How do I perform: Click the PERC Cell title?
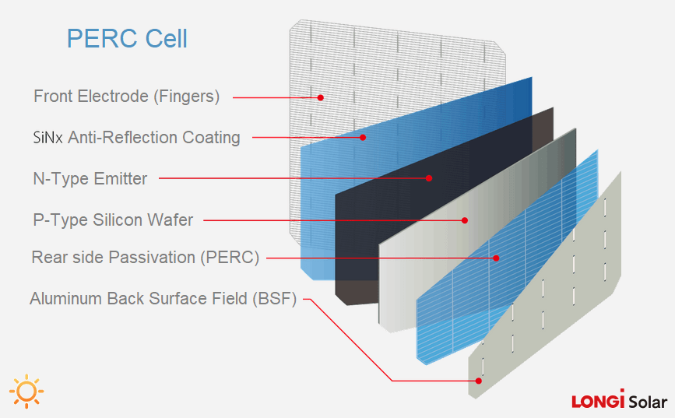[127, 38]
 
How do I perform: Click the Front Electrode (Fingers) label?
[126, 97]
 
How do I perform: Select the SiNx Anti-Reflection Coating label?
[131, 138]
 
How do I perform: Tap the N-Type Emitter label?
[90, 179]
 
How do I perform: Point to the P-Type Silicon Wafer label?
[113, 220]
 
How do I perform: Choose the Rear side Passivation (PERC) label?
[145, 258]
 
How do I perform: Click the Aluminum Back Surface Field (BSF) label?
[163, 299]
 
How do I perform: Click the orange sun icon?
[27, 391]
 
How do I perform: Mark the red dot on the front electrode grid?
[320, 97]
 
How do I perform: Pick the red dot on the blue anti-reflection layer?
[363, 138]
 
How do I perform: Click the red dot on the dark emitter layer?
[429, 178]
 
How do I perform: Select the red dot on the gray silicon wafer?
[465, 220]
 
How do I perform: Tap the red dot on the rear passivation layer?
[496, 258]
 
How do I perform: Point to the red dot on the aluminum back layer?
[479, 381]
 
